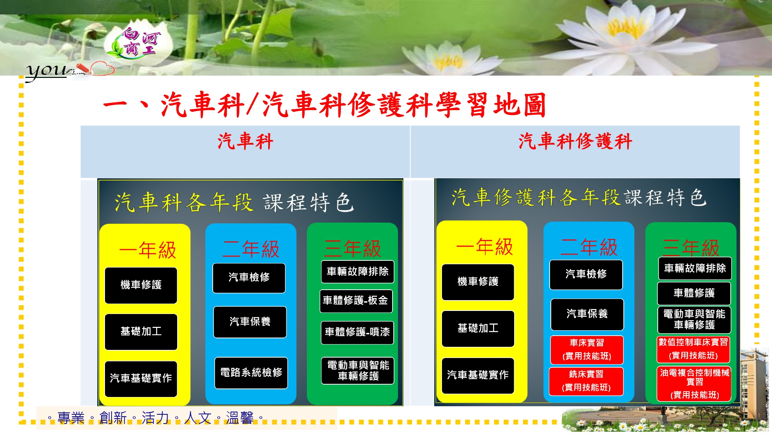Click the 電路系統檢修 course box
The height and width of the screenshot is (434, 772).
coord(251,373)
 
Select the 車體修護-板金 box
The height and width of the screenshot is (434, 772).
coord(356,301)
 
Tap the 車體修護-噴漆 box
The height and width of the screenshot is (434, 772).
coord(357,332)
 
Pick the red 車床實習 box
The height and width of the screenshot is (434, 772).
coord(587,350)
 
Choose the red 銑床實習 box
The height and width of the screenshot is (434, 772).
coord(586,381)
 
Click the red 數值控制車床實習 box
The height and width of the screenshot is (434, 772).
coord(693,349)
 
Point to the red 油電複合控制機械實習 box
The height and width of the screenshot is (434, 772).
coord(694,384)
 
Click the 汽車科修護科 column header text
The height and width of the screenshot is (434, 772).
coord(575,141)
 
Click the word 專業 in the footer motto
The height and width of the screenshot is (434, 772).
coord(71,418)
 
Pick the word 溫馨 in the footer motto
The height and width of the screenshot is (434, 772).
coord(239,418)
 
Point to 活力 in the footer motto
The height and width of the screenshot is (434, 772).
coord(155,418)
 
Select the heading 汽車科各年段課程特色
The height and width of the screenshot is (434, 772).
coord(234,202)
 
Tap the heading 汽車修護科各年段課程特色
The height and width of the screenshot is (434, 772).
coord(579,198)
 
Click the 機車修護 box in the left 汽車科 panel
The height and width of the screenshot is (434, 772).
coord(141,285)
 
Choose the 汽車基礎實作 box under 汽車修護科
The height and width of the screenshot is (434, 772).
coord(478,375)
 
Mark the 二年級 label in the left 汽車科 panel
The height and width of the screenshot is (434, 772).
coord(251,249)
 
